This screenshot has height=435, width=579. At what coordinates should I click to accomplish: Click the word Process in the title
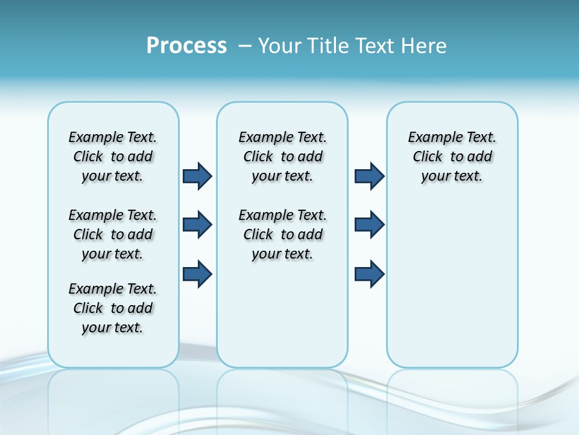tap(186, 46)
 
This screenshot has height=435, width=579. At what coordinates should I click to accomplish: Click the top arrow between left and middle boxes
tap(197, 176)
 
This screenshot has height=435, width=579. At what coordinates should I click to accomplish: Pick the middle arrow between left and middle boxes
tap(197, 225)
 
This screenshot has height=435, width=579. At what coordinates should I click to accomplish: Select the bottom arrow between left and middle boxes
tap(197, 274)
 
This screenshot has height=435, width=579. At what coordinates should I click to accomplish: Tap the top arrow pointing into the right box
tap(369, 176)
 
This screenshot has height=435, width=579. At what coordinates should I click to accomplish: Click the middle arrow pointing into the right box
tap(369, 225)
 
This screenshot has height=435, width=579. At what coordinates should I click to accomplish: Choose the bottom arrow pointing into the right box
tap(369, 274)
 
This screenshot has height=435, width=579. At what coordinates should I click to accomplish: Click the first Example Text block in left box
tap(113, 156)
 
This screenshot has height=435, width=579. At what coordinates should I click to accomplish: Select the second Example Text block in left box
tap(113, 234)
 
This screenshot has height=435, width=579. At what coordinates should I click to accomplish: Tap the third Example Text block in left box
tap(113, 308)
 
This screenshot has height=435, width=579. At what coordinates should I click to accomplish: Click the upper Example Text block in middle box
tap(282, 156)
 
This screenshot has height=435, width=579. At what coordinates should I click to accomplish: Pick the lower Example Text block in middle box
tap(282, 234)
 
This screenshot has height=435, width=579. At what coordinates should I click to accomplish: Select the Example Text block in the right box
tap(452, 156)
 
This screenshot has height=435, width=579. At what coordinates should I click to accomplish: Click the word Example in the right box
tap(429, 138)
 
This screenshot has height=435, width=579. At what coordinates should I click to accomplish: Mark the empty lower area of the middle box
tap(282, 314)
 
